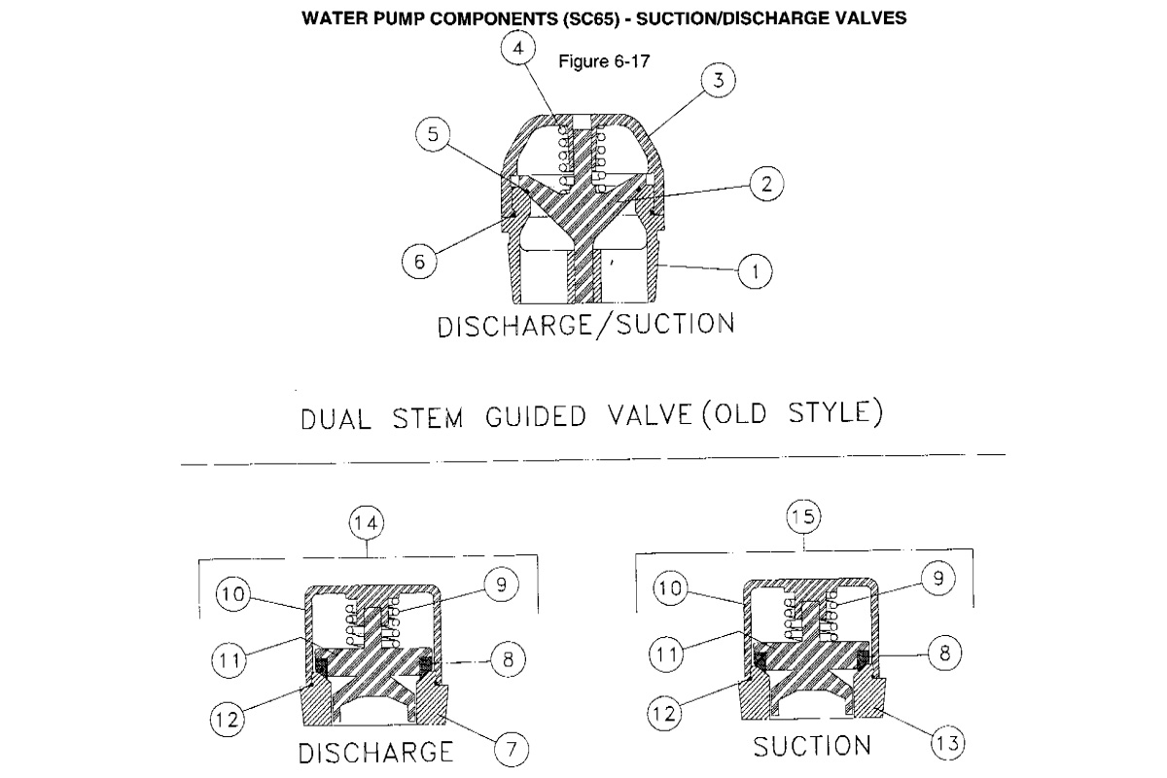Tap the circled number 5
tap(432, 135)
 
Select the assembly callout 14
tap(368, 523)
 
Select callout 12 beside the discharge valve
tap(230, 722)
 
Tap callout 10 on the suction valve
tap(666, 589)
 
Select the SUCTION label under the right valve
tap(813, 746)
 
